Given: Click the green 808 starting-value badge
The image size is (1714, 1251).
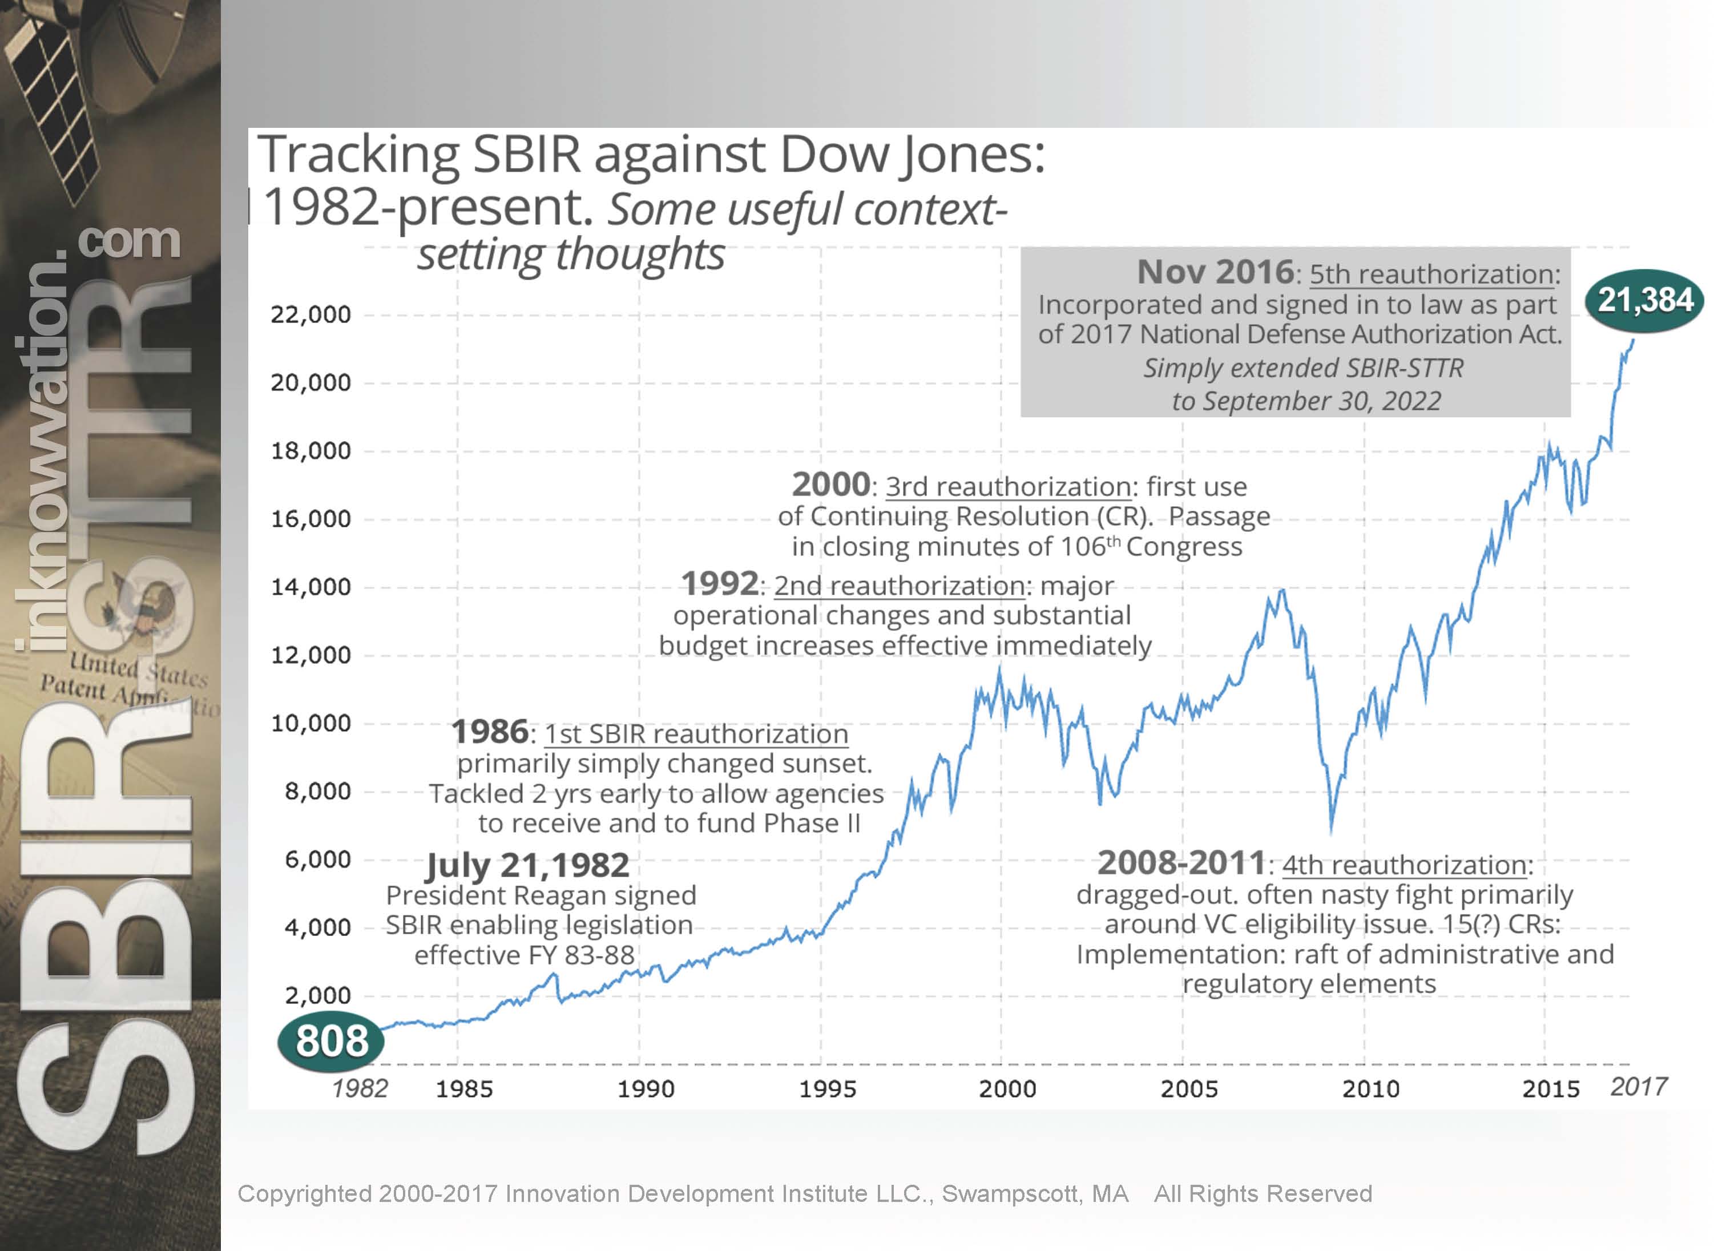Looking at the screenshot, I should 331,1040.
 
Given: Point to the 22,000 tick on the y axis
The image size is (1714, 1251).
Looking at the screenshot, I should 310,314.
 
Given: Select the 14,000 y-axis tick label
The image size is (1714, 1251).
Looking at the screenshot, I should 310,587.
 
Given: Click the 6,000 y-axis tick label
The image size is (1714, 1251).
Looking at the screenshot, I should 317,859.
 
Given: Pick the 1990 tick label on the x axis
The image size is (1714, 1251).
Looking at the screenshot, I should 646,1089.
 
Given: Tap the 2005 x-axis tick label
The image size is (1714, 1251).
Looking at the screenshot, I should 1189,1089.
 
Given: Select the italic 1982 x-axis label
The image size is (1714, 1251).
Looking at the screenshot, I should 360,1088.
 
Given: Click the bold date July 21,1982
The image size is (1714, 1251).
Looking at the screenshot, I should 527,865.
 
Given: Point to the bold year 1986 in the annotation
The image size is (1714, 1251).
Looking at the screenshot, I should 489,732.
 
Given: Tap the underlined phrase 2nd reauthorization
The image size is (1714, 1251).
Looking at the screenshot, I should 900,586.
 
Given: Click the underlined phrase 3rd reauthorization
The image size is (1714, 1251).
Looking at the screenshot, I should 1008,487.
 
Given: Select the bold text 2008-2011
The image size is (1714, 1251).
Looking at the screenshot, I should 1181,863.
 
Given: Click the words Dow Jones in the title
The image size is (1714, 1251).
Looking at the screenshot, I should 911,155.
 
